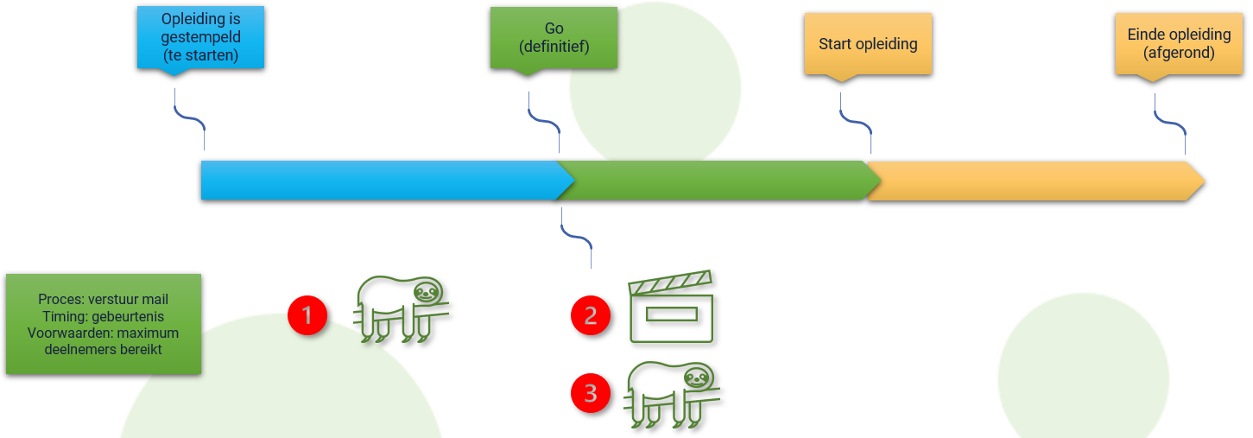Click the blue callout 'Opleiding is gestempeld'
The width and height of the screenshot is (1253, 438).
point(200,37)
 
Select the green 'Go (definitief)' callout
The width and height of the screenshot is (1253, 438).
point(554,38)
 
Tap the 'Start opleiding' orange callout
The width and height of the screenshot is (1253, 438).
point(868,44)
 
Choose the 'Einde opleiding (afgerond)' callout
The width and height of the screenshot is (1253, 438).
point(1179,44)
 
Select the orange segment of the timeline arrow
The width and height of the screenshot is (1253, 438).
point(1035,181)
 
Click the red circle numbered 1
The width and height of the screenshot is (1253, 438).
point(307,315)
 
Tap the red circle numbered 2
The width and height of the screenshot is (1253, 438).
point(590,315)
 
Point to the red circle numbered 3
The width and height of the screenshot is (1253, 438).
point(590,393)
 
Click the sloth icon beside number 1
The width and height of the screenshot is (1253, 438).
point(401,308)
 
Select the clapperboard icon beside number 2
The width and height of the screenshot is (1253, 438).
point(671,307)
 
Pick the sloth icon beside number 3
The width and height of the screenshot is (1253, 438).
point(671,395)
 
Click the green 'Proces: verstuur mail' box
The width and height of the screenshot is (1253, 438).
point(104,324)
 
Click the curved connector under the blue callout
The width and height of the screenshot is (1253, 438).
point(190,118)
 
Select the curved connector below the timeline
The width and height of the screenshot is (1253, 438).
point(576,238)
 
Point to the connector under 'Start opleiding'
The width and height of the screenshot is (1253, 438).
point(856,123)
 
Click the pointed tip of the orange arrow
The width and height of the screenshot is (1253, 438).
point(1205,181)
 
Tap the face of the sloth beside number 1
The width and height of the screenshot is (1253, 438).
point(427,291)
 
